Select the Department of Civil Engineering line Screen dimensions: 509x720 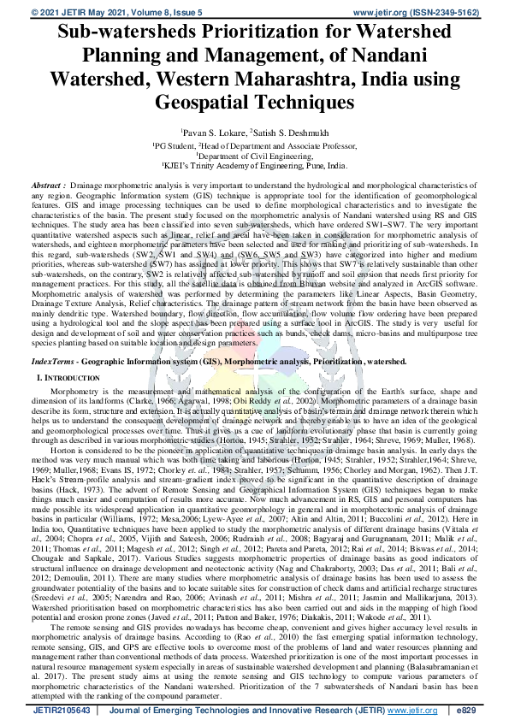[x=254, y=156]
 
